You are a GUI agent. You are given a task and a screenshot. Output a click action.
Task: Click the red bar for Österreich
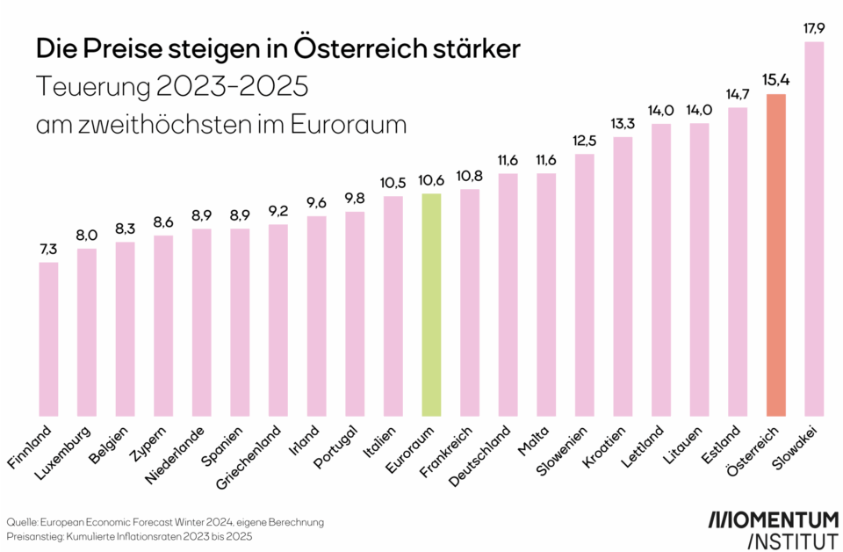pyautogui.click(x=775, y=255)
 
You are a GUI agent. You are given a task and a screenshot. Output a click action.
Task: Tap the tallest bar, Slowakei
pyautogui.click(x=814, y=229)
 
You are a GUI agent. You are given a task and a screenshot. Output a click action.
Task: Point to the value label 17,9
pyautogui.click(x=814, y=26)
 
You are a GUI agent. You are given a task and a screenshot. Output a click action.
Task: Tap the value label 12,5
pyautogui.click(x=584, y=140)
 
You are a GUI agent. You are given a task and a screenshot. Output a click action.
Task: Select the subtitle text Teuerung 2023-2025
pyautogui.click(x=171, y=87)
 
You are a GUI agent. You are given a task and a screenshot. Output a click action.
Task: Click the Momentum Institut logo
pyautogui.click(x=773, y=527)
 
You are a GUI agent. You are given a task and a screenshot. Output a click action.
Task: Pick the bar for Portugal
pyautogui.click(x=354, y=313)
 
